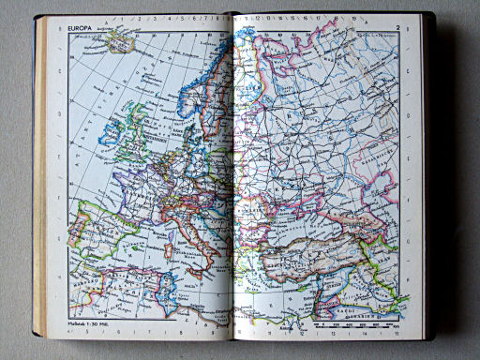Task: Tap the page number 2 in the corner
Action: (x=397, y=29)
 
